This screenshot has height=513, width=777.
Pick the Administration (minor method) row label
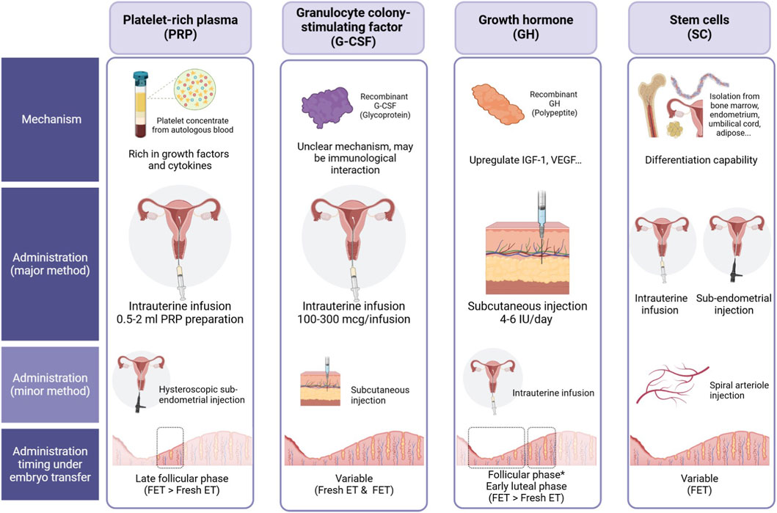pos(50,382)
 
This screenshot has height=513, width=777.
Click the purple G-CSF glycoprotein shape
pos(324,113)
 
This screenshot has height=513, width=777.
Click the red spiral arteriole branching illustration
pos(673,383)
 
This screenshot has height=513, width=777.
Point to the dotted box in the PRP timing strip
pos(170,448)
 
